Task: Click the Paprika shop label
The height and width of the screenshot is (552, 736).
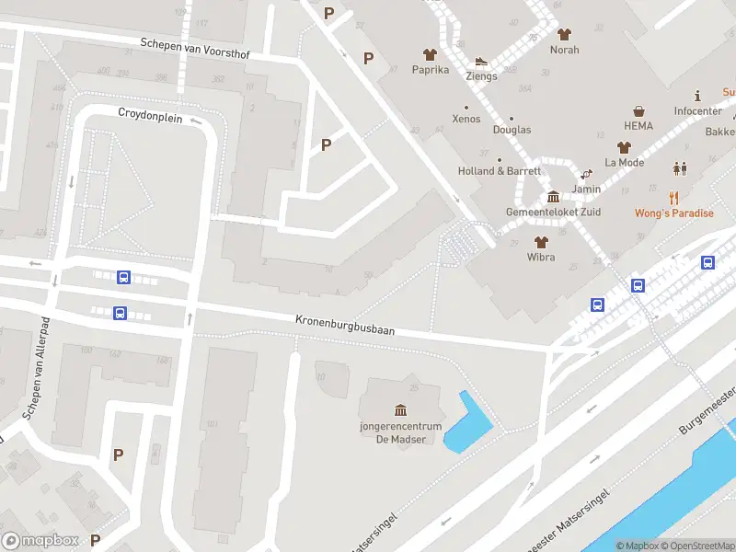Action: [x=430, y=70]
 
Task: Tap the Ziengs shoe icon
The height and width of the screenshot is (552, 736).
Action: [x=480, y=62]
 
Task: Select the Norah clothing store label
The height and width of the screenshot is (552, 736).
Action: [x=564, y=50]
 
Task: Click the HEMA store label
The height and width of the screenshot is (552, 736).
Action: [x=638, y=125]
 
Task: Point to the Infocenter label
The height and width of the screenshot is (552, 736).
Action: [x=697, y=111]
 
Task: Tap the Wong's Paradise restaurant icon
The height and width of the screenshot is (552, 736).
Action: [x=673, y=197]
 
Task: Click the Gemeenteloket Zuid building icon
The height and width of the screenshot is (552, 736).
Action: [x=553, y=197]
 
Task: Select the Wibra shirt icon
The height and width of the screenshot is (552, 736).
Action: [x=540, y=242]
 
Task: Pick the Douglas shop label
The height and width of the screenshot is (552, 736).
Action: [x=512, y=130]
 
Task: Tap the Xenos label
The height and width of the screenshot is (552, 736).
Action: [x=466, y=120]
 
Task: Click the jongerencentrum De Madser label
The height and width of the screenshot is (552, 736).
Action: [x=400, y=432]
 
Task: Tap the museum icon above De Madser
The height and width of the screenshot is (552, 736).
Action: [x=400, y=409]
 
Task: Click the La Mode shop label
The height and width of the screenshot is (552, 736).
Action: [x=624, y=163]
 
